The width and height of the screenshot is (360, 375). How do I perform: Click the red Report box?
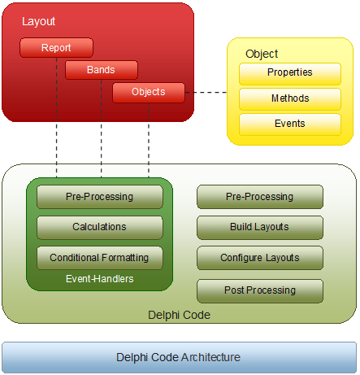click(56, 48)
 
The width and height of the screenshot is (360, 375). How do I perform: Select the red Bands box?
click(102, 70)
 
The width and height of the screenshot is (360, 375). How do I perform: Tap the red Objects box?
click(149, 93)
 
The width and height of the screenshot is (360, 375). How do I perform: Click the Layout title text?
click(38, 21)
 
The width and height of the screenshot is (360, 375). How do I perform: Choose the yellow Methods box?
click(290, 99)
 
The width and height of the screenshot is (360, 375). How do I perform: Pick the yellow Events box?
click(290, 124)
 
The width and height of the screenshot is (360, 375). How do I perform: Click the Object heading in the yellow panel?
click(262, 54)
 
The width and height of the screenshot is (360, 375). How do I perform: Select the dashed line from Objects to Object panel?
click(206, 93)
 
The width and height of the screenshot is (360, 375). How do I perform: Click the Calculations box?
click(100, 228)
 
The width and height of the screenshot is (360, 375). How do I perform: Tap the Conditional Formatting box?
click(100, 258)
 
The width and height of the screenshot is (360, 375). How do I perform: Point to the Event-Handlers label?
click(100, 279)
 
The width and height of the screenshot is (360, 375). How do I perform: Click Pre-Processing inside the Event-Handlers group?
click(100, 197)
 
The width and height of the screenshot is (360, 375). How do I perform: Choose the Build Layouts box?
click(260, 228)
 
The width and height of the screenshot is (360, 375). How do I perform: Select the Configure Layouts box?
click(260, 258)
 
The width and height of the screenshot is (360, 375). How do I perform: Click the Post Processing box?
click(260, 291)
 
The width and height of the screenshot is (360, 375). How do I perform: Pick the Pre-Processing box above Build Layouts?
click(260, 197)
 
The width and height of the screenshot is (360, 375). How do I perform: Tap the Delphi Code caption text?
click(179, 315)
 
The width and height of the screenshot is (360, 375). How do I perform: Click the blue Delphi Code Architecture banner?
click(179, 357)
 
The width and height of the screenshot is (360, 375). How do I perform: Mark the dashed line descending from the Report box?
click(56, 117)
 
